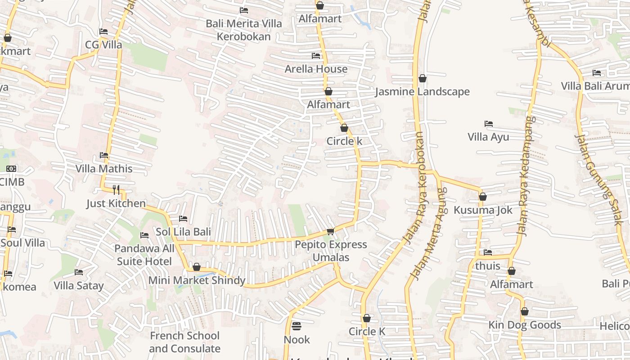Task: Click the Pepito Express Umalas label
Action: tap(331, 251)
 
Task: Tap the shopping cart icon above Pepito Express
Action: tap(331, 232)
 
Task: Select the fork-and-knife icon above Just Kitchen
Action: tap(116, 189)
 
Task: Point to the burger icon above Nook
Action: tap(297, 325)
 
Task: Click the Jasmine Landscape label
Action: tap(422, 92)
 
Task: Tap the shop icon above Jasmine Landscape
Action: tap(422, 78)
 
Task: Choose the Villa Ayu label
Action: tap(488, 137)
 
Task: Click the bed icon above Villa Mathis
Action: tap(104, 155)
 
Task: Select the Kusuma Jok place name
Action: tap(482, 210)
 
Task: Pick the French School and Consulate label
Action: tap(184, 342)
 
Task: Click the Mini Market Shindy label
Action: tap(197, 280)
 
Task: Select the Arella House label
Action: tap(316, 69)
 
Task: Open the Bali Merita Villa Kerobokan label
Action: tap(244, 30)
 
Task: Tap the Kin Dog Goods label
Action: tap(525, 325)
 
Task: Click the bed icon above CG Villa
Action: tap(103, 31)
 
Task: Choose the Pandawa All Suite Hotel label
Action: tap(144, 255)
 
